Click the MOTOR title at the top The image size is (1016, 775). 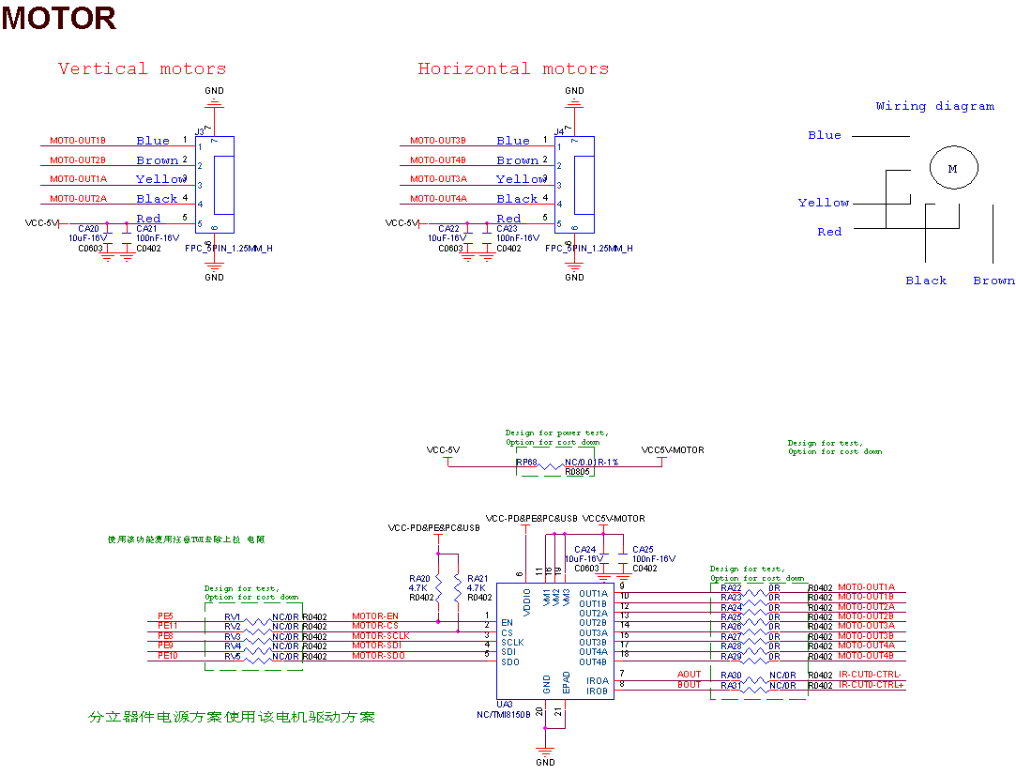coord(58,18)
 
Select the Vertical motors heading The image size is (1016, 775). coord(142,68)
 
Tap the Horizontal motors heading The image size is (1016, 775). coord(512,68)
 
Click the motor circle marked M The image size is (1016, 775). coord(953,169)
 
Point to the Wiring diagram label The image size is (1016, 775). coord(934,106)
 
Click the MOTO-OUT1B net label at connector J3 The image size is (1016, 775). coord(78,141)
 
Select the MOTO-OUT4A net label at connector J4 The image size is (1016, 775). coord(438,199)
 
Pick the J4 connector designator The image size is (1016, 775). coord(559,131)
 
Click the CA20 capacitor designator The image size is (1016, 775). coord(88,229)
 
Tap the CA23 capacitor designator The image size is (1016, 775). coord(507,229)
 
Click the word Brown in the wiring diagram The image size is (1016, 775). coord(993,281)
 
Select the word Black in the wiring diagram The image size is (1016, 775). coord(926,281)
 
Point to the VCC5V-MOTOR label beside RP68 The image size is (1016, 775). coord(673,450)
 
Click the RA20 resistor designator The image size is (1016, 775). coord(419,579)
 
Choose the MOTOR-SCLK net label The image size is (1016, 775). coord(380,636)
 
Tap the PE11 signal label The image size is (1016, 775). coord(168,626)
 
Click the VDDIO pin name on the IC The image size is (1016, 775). coord(526,601)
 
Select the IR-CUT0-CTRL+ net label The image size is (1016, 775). coord(872,686)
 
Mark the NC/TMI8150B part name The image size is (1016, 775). coord(503,714)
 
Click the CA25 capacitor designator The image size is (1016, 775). coord(643,549)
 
